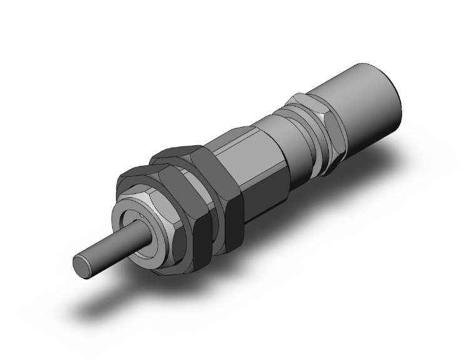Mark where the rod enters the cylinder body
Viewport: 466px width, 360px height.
click(x=142, y=235)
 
